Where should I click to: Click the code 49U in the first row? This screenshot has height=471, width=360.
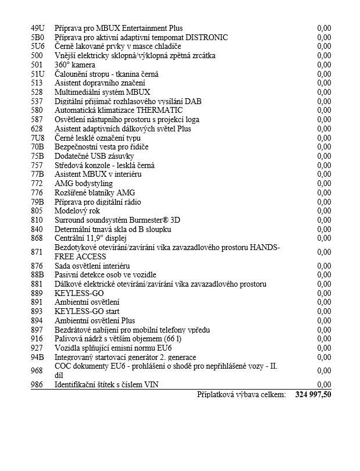37,28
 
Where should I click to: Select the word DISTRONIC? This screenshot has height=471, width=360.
211,37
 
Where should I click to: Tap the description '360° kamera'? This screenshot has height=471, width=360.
75,65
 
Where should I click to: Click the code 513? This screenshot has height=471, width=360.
37,83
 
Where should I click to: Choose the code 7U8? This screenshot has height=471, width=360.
37,138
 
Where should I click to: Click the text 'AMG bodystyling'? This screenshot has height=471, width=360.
84,183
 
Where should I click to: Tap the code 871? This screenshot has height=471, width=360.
37,252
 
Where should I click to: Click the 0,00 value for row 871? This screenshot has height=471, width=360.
324,252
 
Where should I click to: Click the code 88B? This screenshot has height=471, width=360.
37,274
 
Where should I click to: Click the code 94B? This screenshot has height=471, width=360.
37,357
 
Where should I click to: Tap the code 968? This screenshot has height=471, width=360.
37,370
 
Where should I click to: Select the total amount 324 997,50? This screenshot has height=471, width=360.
313,394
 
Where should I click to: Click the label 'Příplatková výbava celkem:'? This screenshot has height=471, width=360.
241,394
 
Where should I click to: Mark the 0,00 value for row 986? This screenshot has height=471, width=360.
324,384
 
